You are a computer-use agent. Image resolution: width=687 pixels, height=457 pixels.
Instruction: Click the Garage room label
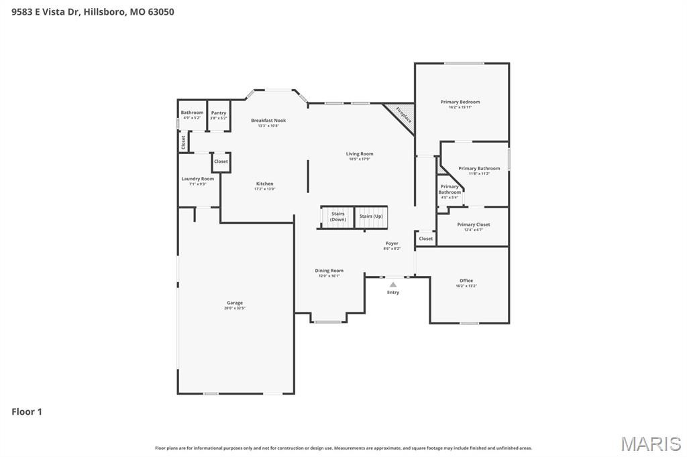(x=235, y=303)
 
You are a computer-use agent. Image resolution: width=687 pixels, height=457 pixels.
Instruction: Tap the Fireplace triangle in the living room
(x=403, y=116)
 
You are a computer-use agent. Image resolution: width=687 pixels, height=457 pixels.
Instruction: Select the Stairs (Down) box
(x=337, y=216)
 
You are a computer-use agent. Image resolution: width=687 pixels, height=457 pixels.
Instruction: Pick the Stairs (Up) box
(x=371, y=216)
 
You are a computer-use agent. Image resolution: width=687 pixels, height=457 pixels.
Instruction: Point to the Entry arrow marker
(x=393, y=285)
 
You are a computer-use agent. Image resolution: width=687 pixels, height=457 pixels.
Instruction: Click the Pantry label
(x=219, y=113)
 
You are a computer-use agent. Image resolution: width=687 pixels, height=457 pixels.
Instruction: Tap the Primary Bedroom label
(x=460, y=102)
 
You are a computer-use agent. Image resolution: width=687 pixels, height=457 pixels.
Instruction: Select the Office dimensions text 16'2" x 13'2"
(x=466, y=286)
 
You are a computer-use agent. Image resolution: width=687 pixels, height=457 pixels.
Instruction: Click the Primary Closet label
(x=474, y=224)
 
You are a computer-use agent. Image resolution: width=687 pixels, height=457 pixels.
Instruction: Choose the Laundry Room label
(x=198, y=179)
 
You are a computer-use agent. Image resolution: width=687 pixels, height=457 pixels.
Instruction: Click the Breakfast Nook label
(x=268, y=121)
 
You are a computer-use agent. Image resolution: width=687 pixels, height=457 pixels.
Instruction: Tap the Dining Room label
(x=329, y=271)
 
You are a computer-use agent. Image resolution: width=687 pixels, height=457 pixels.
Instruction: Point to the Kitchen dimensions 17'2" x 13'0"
(x=264, y=189)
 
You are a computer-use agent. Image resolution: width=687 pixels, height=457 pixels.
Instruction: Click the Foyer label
(x=392, y=243)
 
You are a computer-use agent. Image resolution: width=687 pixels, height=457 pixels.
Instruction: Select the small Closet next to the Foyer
(x=426, y=239)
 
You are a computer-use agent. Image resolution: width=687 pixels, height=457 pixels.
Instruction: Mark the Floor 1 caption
(x=27, y=411)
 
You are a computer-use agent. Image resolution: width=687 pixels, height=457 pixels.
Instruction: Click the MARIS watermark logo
(x=650, y=443)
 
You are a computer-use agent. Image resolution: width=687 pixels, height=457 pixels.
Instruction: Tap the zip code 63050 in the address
(x=160, y=11)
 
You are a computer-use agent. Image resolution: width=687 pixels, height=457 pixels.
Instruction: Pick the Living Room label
(x=360, y=153)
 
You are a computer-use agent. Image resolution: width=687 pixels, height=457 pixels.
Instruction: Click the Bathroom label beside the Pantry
(x=192, y=113)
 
